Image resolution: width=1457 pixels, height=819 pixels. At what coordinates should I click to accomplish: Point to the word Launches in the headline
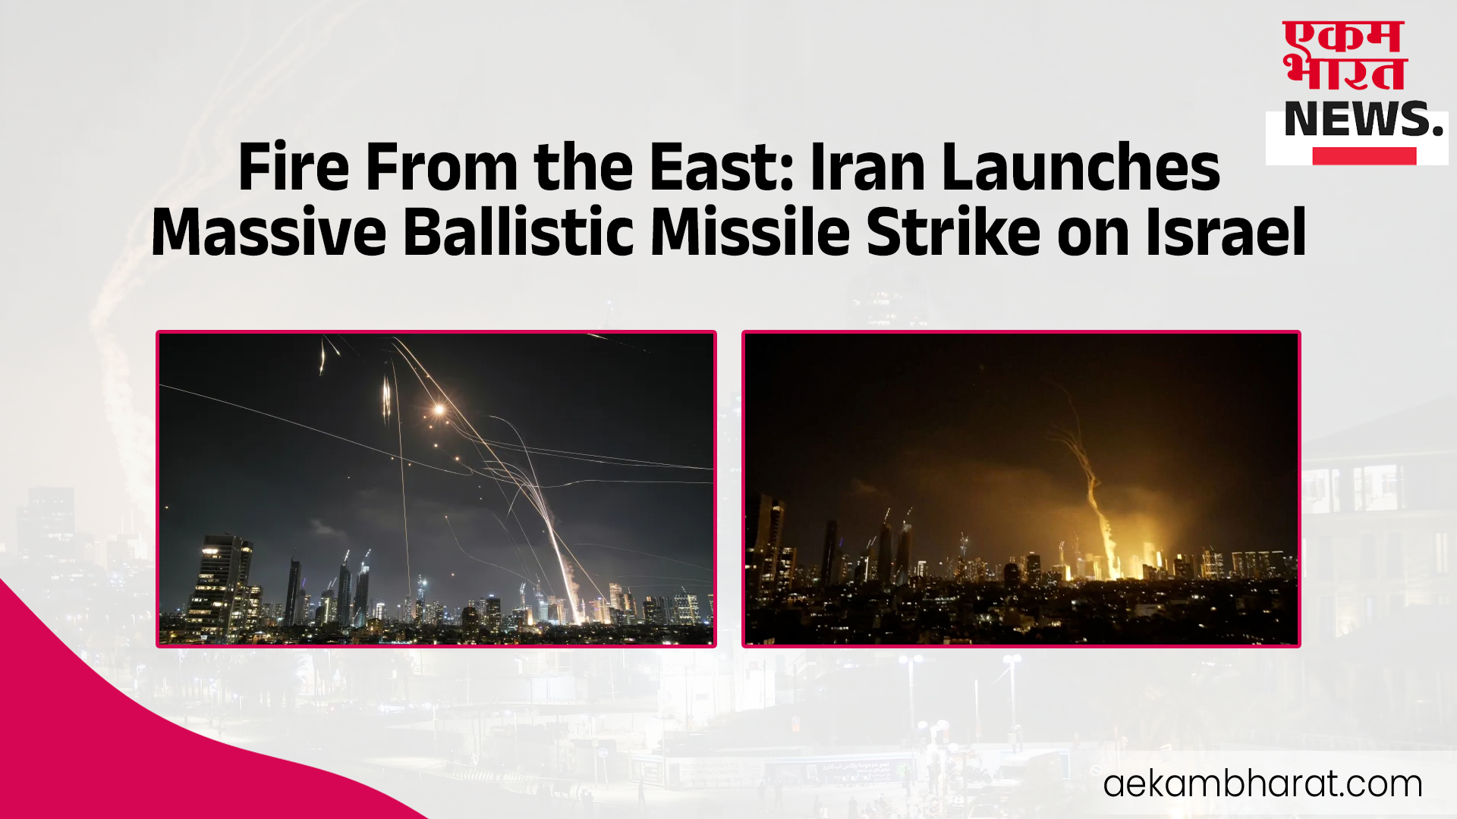1081,167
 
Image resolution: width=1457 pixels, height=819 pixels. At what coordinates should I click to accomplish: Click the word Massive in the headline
269,232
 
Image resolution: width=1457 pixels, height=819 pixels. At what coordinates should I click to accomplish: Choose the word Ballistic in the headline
518,232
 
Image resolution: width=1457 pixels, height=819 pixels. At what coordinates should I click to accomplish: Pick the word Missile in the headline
751,232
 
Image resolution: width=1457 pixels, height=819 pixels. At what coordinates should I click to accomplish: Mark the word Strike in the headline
953,232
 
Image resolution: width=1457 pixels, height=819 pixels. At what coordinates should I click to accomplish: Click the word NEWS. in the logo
1363,119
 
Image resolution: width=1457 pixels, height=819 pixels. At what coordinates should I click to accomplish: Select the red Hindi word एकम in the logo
1343,37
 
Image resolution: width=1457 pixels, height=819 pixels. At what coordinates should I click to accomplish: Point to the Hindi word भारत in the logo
1345,73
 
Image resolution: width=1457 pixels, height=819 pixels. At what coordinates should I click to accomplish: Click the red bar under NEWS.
1364,156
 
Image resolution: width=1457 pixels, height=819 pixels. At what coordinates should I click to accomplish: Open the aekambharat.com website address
1263,784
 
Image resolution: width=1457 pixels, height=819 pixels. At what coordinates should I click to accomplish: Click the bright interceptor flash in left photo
439,410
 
